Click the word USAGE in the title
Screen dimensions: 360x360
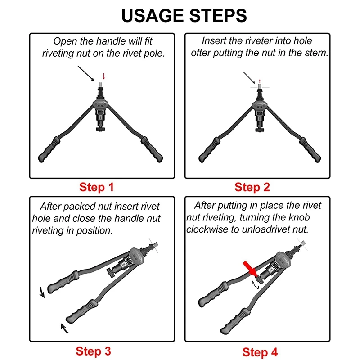153,16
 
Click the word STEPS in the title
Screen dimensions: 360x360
218,16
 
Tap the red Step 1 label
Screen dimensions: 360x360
96,187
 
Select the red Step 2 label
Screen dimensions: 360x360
252,187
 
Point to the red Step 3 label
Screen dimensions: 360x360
93,351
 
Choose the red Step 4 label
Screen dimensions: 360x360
260,352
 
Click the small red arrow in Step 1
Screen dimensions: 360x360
104,76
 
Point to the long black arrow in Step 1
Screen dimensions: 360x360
86,73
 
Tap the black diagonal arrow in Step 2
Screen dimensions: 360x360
249,78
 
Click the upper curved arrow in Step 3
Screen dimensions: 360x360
42,292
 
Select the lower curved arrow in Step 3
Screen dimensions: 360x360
64,328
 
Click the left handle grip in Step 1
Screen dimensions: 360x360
49,150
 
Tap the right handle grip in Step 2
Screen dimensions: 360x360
310,150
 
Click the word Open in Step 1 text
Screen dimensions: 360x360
65,42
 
